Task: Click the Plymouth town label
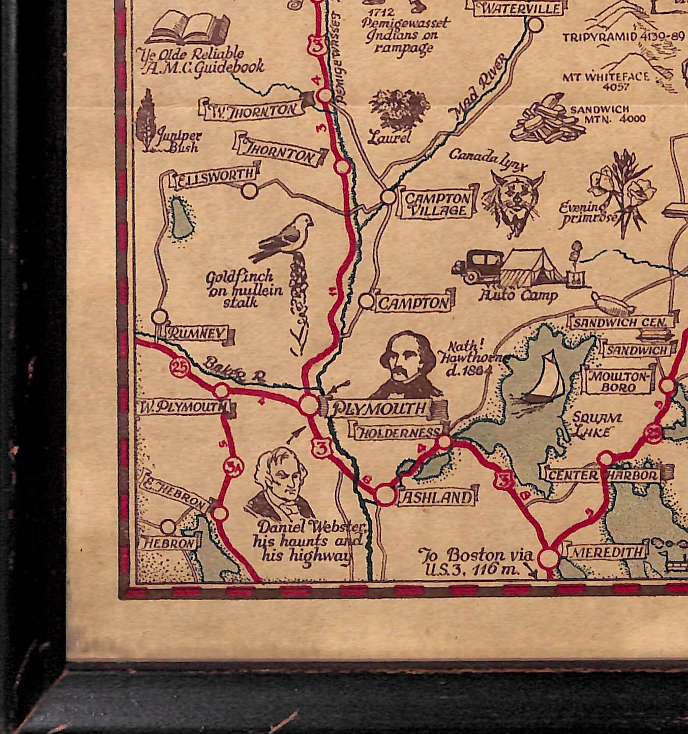pos(379,408)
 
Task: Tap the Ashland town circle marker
pos(385,495)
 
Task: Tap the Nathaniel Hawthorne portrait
pos(407,364)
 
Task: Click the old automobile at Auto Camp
pos(477,266)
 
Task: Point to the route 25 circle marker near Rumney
pos(179,369)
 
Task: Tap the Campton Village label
pos(437,205)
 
